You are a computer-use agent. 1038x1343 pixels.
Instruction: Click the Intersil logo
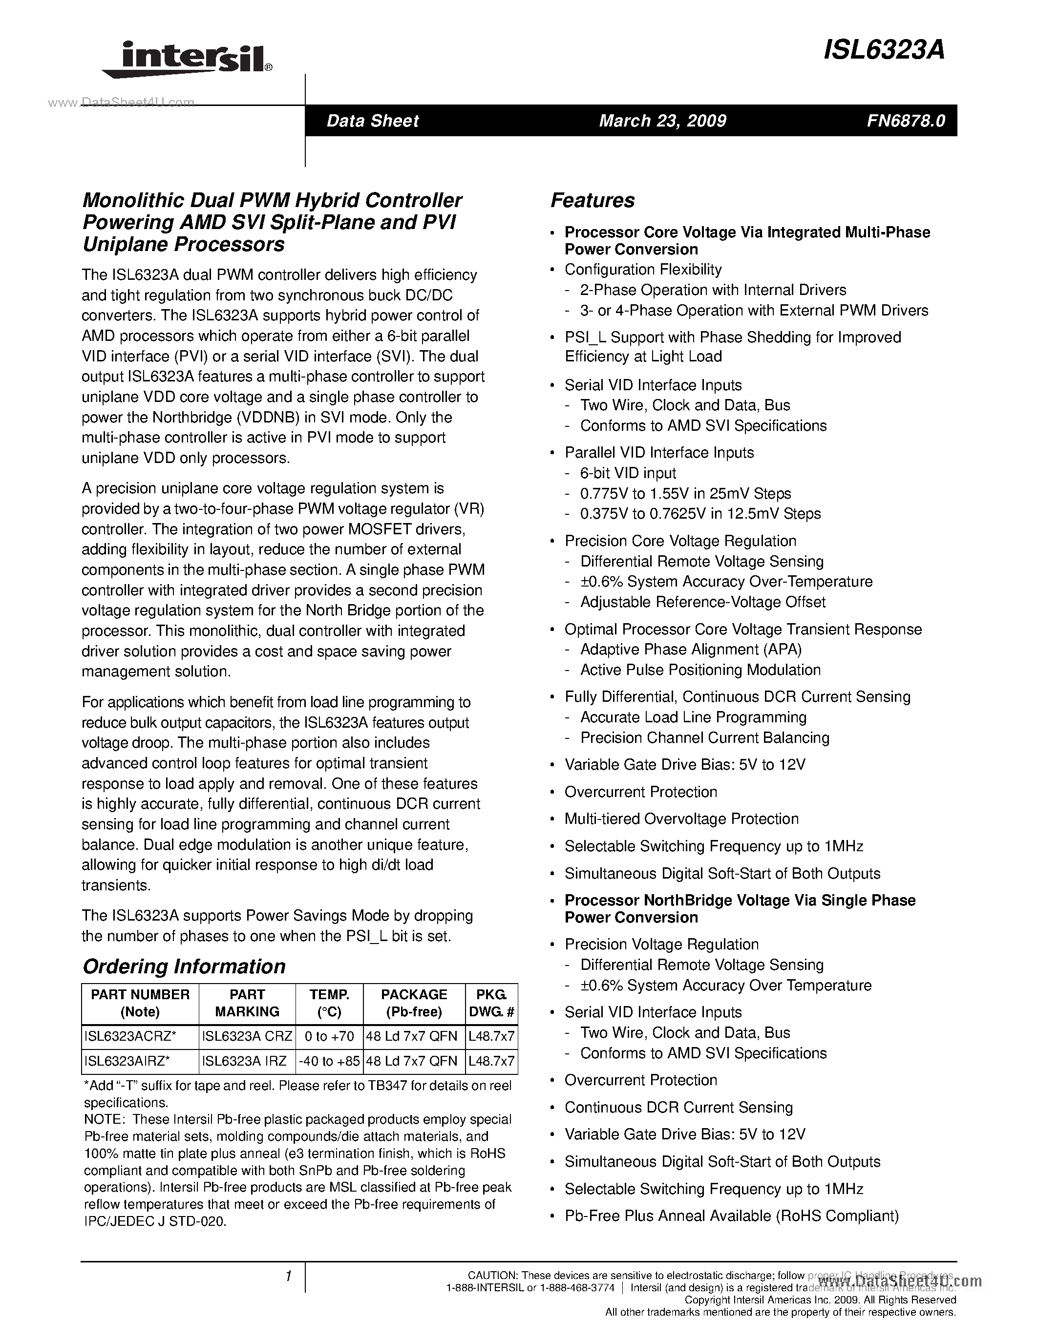[188, 60]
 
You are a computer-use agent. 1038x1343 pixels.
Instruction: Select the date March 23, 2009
[662, 121]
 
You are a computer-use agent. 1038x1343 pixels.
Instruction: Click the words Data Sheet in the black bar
[372, 121]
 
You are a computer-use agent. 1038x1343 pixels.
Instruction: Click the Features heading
[592, 200]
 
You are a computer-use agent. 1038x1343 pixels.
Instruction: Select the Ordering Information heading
[184, 966]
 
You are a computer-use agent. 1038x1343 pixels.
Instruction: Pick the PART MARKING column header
[247, 1004]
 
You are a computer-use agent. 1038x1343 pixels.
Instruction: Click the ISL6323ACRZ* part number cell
[130, 1037]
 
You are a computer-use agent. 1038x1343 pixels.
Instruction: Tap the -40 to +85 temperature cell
[329, 1061]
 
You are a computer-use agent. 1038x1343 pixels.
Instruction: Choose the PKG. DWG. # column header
[491, 1004]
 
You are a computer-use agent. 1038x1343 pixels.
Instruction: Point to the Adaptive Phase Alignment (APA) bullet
[691, 650]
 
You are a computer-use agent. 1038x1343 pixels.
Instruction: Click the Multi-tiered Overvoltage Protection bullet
[681, 818]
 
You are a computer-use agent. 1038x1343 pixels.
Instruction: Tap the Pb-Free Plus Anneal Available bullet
[731, 1216]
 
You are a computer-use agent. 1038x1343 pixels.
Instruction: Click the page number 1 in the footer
[288, 1277]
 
